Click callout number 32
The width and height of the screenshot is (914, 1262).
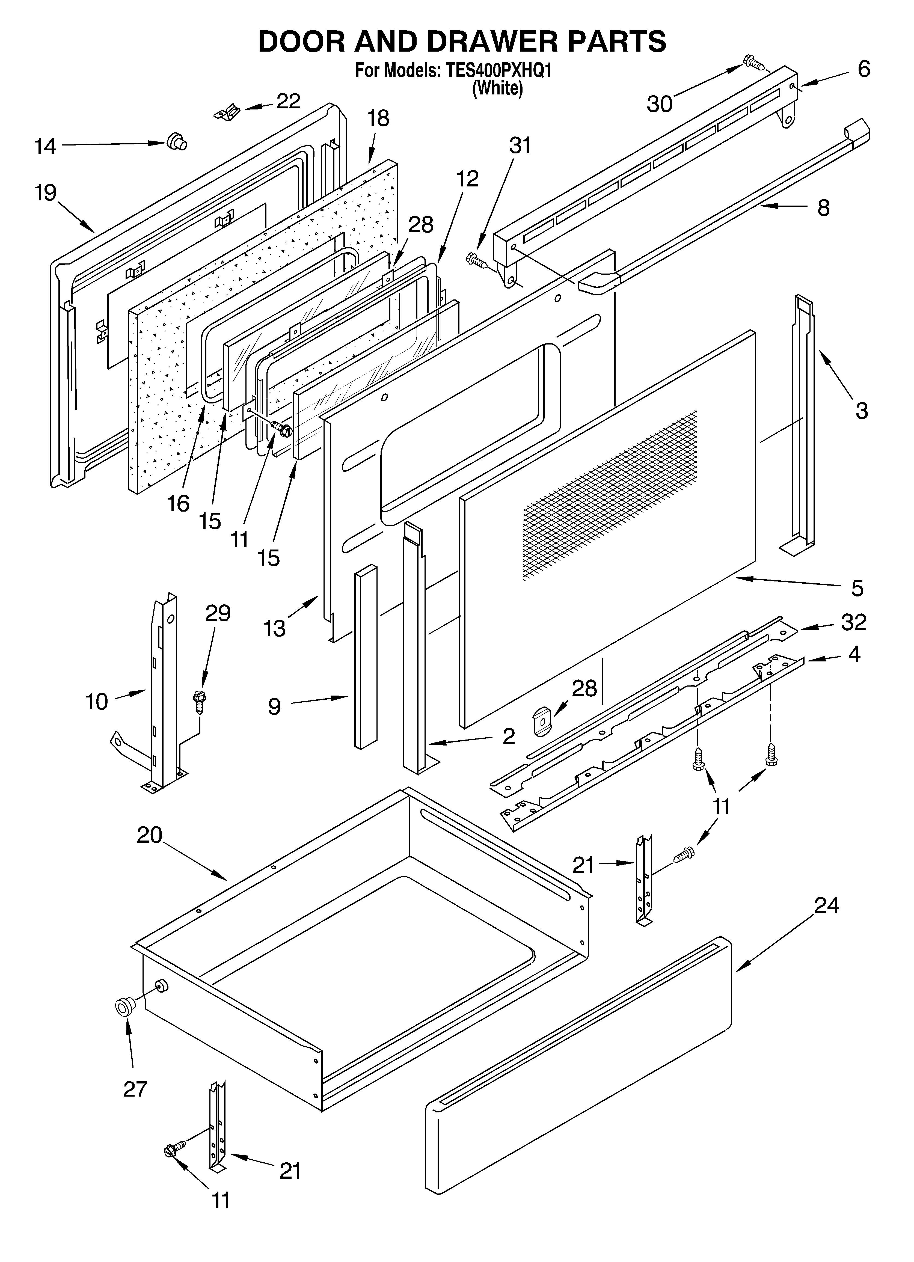pyautogui.click(x=853, y=622)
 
